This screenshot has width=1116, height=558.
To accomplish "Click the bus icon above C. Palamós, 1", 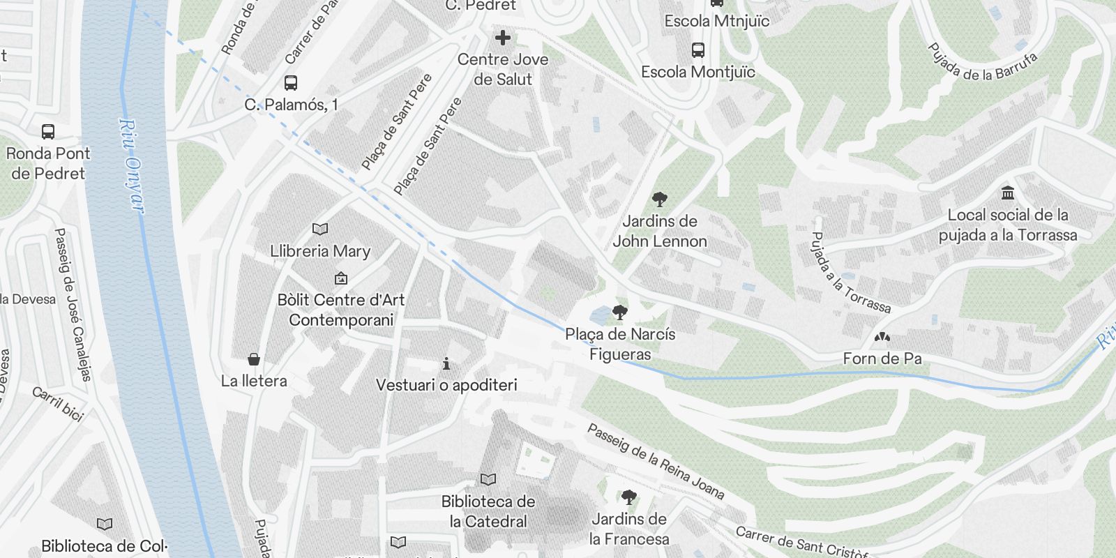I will coord(291,83).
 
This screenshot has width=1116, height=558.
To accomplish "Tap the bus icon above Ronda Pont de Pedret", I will coord(48,131).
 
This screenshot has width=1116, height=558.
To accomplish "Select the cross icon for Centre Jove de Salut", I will coord(502,38).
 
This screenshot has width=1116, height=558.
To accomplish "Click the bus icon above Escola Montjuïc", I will coord(697,50).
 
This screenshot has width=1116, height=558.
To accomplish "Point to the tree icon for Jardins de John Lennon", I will coord(659,200).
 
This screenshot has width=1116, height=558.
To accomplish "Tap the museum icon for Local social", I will coord(1007,193).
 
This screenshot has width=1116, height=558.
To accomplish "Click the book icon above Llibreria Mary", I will coord(320,229).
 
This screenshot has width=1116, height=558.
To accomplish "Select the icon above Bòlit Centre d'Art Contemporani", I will coord(341,278).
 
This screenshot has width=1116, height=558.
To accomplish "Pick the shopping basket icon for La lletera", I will coord(254,359).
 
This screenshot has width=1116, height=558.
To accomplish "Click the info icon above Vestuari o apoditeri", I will coord(446,363).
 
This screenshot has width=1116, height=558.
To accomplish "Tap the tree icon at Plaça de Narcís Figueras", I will coord(619,312).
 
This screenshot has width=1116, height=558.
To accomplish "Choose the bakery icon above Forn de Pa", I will coord(882,338).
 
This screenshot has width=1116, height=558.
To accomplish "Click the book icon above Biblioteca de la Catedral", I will coord(488,480).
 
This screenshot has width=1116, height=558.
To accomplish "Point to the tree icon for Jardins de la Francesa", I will coord(628,497).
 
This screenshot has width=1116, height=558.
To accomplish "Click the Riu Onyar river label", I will coord(131,166).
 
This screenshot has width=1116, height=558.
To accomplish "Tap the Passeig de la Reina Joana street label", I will coord(656,461).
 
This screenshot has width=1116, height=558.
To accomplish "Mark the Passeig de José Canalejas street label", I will coord(73,304).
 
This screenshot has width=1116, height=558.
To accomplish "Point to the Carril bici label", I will coord(58,403).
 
